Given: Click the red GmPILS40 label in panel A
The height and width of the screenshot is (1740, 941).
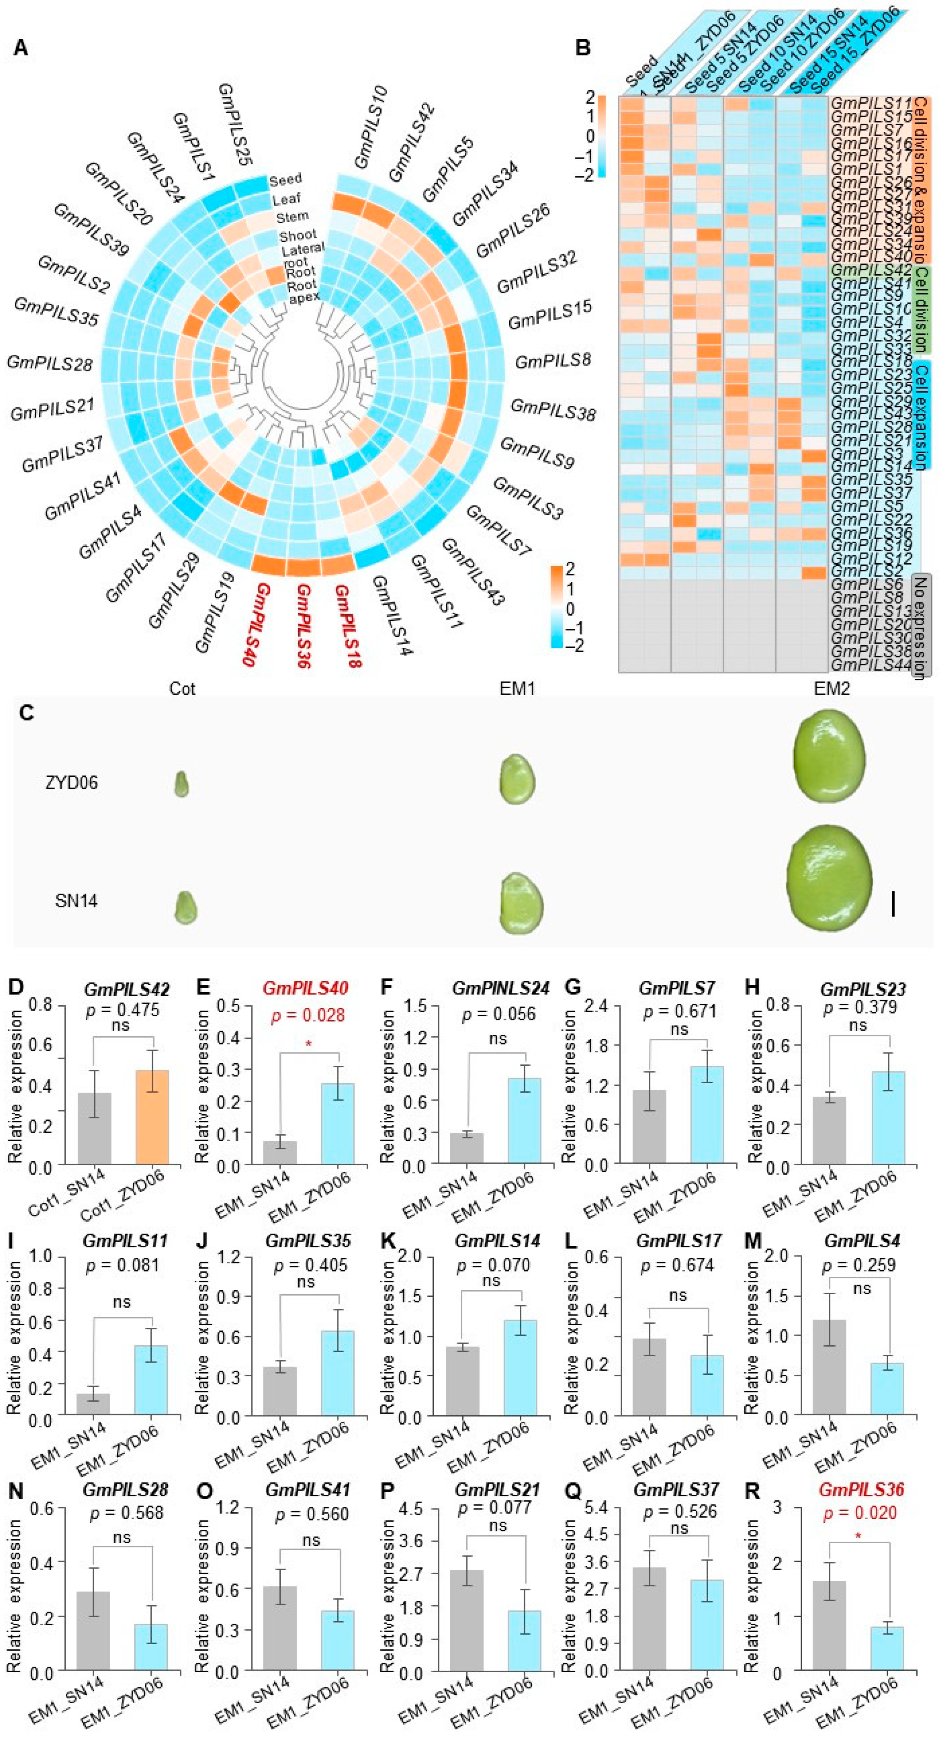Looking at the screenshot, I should pos(258,625).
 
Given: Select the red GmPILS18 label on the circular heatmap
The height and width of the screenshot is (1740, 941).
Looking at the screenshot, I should pos(348,625).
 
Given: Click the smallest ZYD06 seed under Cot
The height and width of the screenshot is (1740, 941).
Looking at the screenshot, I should pos(181,784).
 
